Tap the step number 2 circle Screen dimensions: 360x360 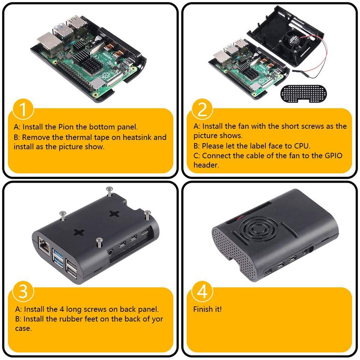(203, 110)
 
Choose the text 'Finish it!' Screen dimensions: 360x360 (207, 309)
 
